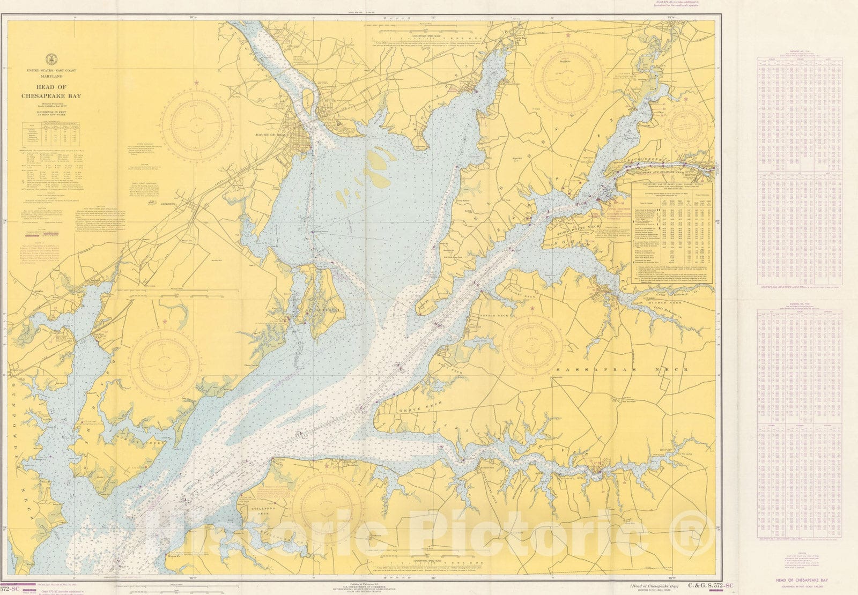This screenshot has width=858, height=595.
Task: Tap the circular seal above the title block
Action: pyautogui.click(x=51, y=59)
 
